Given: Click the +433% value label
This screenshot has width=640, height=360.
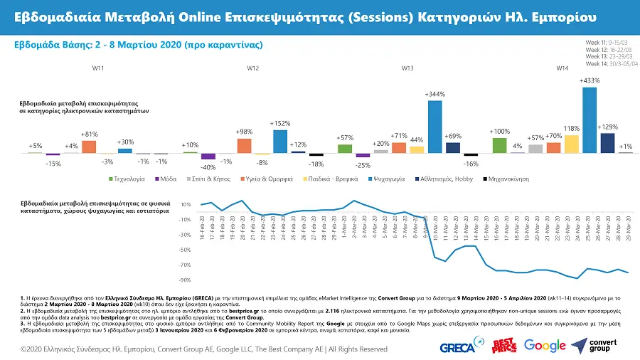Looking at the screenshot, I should point(590,80).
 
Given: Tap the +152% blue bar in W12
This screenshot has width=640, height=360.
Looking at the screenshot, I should point(280,141).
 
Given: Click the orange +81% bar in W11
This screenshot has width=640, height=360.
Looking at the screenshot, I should point(89,147).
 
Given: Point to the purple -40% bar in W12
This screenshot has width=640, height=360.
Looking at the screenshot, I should point(208,157).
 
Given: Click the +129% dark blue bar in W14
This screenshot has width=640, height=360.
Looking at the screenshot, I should point(608,143).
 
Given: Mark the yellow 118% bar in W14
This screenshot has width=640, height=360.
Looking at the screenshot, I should point(571,144).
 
